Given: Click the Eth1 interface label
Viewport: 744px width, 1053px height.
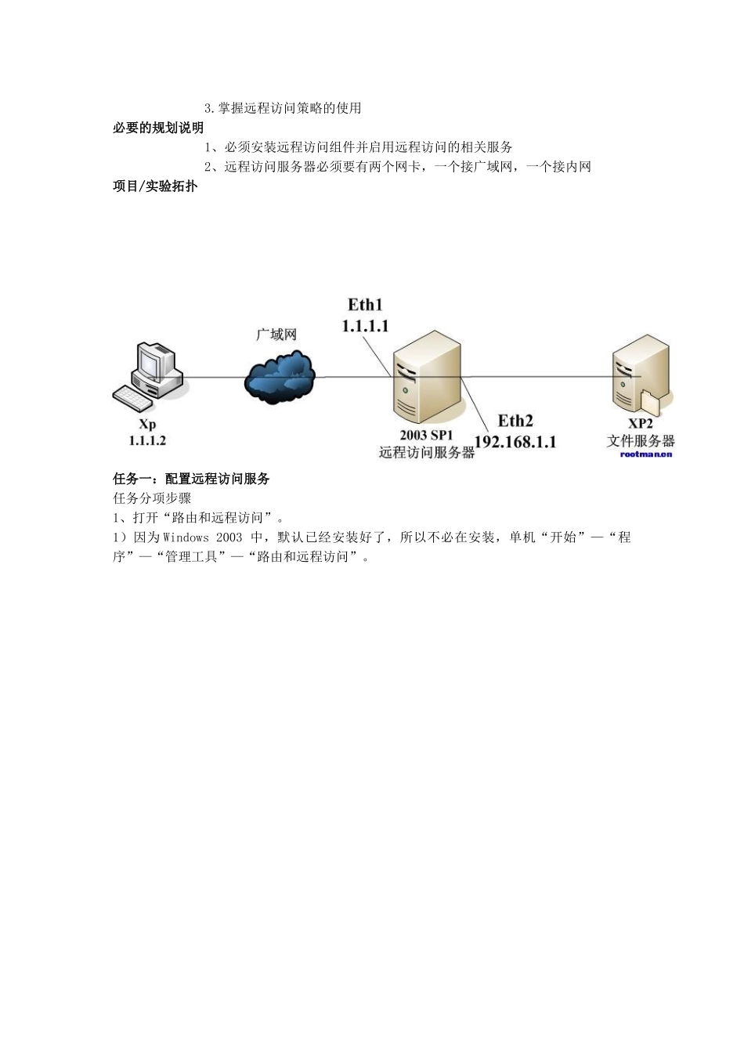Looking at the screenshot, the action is click(x=365, y=306).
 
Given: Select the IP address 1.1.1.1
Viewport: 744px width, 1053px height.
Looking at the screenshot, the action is click(x=365, y=326).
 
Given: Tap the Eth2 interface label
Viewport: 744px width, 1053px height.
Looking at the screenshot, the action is click(x=515, y=422).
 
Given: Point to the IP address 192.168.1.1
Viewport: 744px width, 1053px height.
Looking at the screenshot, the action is click(x=515, y=442).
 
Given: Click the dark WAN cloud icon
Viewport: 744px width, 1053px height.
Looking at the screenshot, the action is click(x=280, y=379).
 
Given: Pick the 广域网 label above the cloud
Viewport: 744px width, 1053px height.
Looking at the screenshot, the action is click(x=276, y=335).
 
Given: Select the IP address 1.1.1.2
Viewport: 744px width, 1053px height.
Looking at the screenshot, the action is click(x=147, y=441).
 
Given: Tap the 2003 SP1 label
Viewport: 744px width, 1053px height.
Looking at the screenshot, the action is click(x=425, y=435).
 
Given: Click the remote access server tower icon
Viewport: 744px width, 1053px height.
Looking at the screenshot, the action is click(x=427, y=378).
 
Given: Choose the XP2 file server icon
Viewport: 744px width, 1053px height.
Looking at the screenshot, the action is click(x=641, y=375).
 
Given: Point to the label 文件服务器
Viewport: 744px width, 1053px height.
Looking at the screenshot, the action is click(x=641, y=441).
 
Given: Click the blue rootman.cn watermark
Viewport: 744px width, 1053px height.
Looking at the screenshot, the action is click(x=646, y=454).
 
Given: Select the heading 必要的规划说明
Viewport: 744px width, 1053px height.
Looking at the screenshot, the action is click(x=158, y=128).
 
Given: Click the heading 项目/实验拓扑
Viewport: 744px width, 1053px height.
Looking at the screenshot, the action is click(x=155, y=187).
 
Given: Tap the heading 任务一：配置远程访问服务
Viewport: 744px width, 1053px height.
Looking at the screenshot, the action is click(x=192, y=479).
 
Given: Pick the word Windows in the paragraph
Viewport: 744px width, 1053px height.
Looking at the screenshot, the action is click(x=186, y=537).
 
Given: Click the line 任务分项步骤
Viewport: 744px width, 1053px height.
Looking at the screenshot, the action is click(x=153, y=498).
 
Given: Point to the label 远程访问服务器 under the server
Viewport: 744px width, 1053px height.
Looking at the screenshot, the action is click(x=427, y=452).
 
